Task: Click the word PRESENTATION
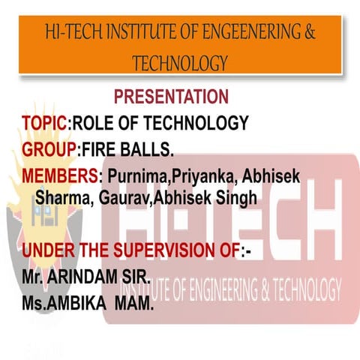[x=171, y=97]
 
